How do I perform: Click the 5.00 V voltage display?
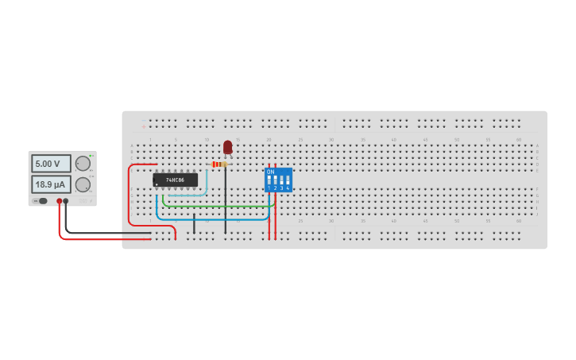(x=49, y=164)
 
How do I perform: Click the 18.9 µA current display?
(x=49, y=184)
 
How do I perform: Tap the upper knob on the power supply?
(x=83, y=164)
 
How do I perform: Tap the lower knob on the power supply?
(x=83, y=184)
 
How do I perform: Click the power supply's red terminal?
(x=59, y=201)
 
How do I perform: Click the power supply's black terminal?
(x=66, y=201)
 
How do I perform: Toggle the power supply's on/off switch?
(x=41, y=201)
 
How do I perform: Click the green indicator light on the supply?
(x=91, y=155)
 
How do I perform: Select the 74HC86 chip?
(x=175, y=180)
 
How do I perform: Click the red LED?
(x=228, y=147)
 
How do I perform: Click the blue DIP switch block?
(x=278, y=180)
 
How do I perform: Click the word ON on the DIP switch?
(x=270, y=172)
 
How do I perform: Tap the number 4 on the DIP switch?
(x=288, y=188)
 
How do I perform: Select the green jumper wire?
(x=215, y=207)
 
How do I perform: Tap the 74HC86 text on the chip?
(x=176, y=180)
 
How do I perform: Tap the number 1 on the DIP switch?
(x=269, y=188)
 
